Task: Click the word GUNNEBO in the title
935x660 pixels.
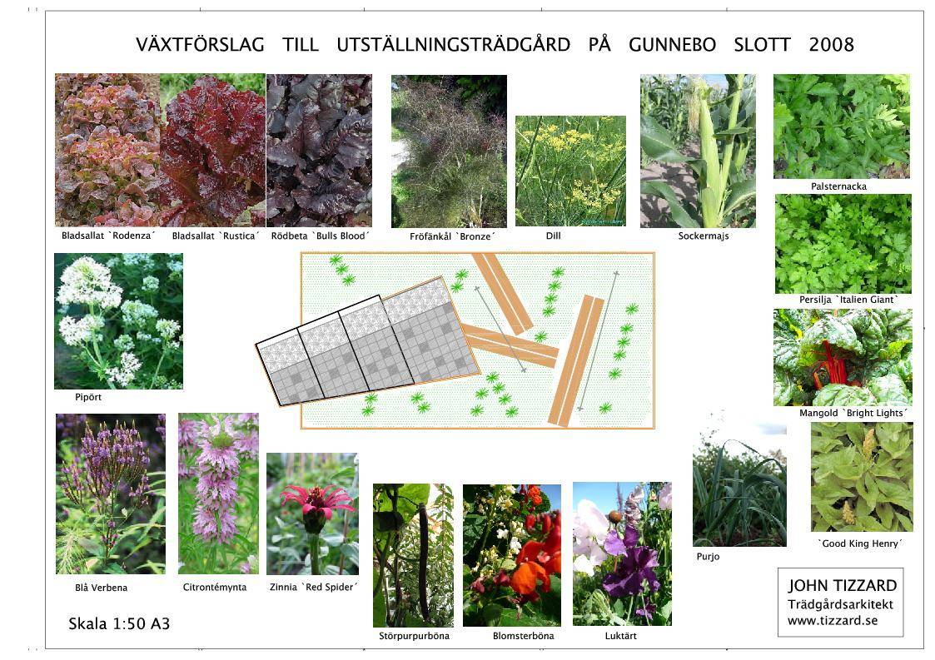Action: tap(672, 45)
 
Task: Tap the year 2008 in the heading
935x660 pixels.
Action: tap(831, 45)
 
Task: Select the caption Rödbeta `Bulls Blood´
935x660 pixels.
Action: tap(321, 236)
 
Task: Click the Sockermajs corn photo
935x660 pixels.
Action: tap(698, 151)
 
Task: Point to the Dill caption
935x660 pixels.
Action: tap(554, 236)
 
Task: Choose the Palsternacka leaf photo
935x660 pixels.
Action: tap(842, 126)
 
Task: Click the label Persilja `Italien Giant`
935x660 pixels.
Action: tap(848, 300)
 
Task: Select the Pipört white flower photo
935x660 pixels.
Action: tap(119, 321)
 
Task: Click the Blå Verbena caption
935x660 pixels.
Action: tap(102, 588)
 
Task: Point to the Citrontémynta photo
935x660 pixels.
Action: tap(218, 494)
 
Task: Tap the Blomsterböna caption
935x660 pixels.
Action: tap(523, 636)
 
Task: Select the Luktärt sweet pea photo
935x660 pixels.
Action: tap(622, 553)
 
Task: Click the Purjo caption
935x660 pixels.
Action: tap(708, 557)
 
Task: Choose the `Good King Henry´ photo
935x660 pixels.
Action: tap(862, 477)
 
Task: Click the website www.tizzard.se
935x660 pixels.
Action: tap(833, 621)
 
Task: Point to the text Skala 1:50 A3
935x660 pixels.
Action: tap(119, 623)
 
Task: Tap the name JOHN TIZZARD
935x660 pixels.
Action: tap(842, 585)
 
